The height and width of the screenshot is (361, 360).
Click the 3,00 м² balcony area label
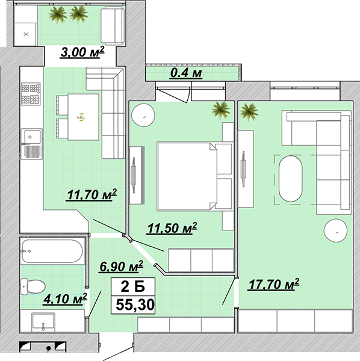[82, 52]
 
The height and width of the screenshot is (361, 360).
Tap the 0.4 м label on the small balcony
[186, 73]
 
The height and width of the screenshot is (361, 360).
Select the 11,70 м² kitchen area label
[92, 195]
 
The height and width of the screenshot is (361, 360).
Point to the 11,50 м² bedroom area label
[172, 228]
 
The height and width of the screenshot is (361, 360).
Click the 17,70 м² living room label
[274, 285]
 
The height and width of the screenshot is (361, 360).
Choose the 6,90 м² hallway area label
[121, 267]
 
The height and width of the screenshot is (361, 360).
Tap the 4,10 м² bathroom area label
[65, 299]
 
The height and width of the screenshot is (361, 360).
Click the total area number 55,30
[135, 305]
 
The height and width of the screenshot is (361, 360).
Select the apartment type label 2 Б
[133, 287]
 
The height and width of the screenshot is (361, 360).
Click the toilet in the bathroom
[33, 286]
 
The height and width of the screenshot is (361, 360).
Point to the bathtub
[52, 251]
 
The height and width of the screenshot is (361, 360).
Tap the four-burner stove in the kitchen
[31, 94]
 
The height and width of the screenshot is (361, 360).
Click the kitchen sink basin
[31, 137]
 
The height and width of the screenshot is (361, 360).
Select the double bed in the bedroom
[187, 176]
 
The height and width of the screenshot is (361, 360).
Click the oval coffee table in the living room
[290, 179]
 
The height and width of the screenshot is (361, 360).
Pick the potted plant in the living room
[249, 112]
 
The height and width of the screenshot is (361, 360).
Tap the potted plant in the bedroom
[221, 110]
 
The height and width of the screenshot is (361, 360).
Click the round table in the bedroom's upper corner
[143, 115]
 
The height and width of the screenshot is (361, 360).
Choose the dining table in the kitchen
[83, 117]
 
